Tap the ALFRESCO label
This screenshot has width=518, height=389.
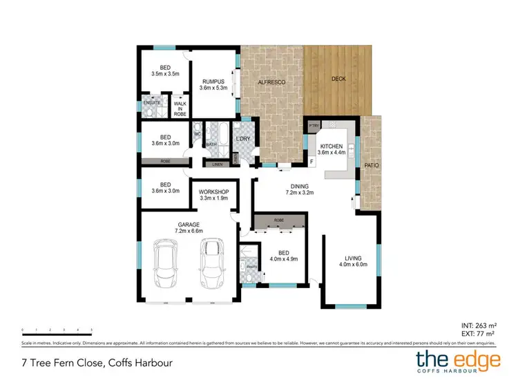[x=271, y=81]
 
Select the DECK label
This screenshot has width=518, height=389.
[x=338, y=78]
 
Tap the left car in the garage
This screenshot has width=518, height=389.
[x=166, y=267]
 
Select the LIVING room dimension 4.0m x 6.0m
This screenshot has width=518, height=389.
[x=350, y=265]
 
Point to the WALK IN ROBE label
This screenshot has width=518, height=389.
[x=180, y=108]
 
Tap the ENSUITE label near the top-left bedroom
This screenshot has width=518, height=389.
[x=152, y=103]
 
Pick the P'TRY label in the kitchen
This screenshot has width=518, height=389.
[x=314, y=125]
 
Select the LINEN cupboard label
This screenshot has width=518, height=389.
[x=217, y=164]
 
